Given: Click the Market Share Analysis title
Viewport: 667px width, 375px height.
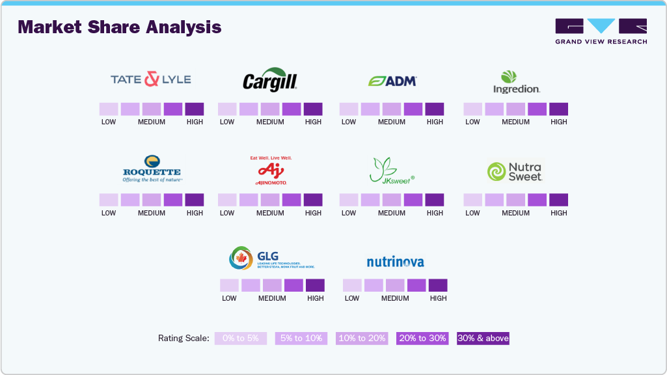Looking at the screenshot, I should pyautogui.click(x=120, y=27).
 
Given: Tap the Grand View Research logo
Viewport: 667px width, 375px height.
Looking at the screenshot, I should pyautogui.click(x=601, y=31).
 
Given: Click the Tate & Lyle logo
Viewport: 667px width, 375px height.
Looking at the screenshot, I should pyautogui.click(x=150, y=79).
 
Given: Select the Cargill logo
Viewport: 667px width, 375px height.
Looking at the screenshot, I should pyautogui.click(x=270, y=79).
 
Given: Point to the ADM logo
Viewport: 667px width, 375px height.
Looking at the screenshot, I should pyautogui.click(x=392, y=81).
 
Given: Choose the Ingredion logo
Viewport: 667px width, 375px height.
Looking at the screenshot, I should pyautogui.click(x=516, y=81).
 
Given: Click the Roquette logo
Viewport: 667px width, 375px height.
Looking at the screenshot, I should pyautogui.click(x=152, y=169).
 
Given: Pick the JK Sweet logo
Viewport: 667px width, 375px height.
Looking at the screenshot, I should pyautogui.click(x=392, y=171).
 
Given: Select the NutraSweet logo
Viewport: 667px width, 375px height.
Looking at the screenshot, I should pyautogui.click(x=514, y=171).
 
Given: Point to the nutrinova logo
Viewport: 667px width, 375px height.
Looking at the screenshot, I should pyautogui.click(x=395, y=262).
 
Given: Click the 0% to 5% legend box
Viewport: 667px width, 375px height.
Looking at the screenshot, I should pyautogui.click(x=241, y=339).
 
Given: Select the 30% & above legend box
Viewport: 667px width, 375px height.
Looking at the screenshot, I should pyautogui.click(x=483, y=339).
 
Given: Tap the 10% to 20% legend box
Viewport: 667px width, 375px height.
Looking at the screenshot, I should pyautogui.click(x=362, y=339).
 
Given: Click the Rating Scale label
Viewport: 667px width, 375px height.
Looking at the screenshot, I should pyautogui.click(x=184, y=339).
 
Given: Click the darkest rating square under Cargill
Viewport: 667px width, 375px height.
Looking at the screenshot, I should pyautogui.click(x=313, y=109).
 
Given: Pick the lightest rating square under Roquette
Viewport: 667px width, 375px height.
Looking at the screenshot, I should pyautogui.click(x=109, y=200).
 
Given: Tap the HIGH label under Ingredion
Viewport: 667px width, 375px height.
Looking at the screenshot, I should pyautogui.click(x=559, y=122).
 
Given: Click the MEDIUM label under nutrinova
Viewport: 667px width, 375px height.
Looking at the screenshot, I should pyautogui.click(x=395, y=298).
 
